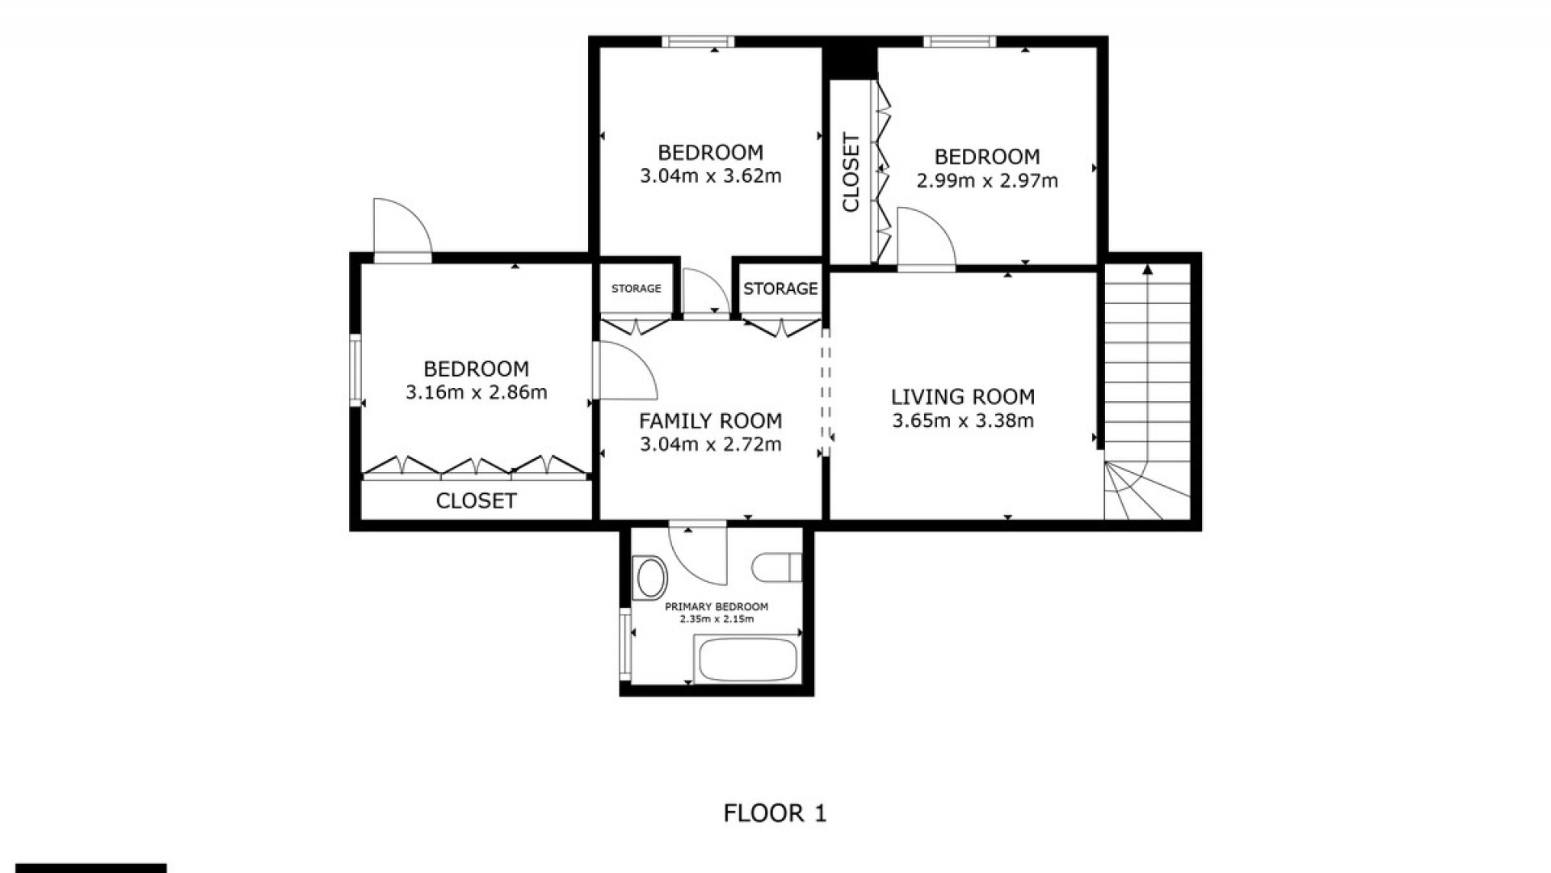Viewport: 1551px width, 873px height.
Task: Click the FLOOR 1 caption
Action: click(x=775, y=813)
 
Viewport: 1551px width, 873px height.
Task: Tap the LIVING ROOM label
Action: click(x=963, y=397)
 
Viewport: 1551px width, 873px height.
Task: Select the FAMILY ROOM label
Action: click(x=711, y=421)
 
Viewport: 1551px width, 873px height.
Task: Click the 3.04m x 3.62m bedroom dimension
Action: click(x=711, y=176)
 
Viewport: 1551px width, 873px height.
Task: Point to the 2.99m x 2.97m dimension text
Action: click(x=987, y=180)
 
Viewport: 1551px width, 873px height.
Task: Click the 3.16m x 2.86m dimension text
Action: click(x=477, y=393)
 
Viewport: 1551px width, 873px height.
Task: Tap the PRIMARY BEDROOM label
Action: click(x=717, y=607)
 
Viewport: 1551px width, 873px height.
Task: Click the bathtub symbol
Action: click(x=748, y=660)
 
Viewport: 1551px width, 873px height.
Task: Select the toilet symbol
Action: click(x=776, y=567)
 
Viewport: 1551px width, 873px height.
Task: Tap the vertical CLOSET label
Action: click(x=851, y=173)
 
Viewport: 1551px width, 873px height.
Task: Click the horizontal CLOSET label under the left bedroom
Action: click(x=476, y=501)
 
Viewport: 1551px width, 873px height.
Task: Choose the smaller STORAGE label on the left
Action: click(x=637, y=289)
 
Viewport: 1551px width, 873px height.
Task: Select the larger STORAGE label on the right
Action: click(x=780, y=289)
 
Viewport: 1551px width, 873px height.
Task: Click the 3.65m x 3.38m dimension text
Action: click(x=963, y=420)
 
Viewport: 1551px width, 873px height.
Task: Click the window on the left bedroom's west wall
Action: click(x=355, y=370)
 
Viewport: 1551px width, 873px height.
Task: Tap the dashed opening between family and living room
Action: click(x=826, y=391)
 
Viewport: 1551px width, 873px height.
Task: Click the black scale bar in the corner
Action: click(x=91, y=868)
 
